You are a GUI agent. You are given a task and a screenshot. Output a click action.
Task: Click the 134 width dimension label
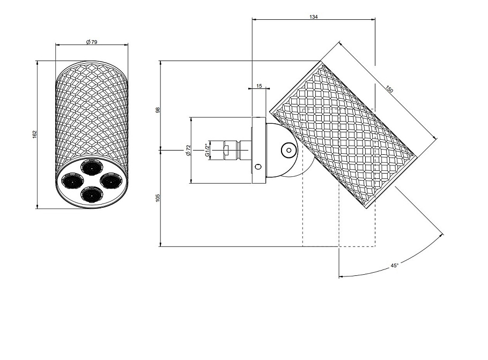[x=313, y=17]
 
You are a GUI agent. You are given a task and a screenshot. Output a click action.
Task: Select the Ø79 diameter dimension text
[x=92, y=42]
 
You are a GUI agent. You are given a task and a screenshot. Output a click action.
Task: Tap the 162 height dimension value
[x=34, y=134]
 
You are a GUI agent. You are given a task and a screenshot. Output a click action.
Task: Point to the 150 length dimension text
[x=389, y=89]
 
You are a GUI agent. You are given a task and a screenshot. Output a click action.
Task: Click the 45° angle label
[x=394, y=266]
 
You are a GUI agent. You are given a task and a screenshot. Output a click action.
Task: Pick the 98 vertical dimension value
[x=158, y=110]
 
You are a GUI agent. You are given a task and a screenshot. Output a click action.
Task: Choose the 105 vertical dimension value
[x=158, y=198]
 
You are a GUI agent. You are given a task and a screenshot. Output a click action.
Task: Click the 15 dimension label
[x=259, y=86]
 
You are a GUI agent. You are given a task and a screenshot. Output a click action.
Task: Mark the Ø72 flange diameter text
[x=188, y=150]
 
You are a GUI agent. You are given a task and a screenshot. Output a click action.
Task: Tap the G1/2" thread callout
[x=207, y=150]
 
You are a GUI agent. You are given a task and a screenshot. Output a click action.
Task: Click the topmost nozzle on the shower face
[x=92, y=167]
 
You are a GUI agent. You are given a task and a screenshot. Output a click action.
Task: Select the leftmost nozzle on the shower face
[x=72, y=181]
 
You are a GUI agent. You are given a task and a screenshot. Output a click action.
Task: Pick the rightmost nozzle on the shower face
[x=112, y=181]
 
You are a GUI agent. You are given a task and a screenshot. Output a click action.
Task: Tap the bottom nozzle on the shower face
[x=92, y=194]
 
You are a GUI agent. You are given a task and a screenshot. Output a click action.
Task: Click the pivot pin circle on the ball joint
[x=289, y=151]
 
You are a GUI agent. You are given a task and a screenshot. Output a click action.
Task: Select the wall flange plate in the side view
[x=258, y=150]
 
